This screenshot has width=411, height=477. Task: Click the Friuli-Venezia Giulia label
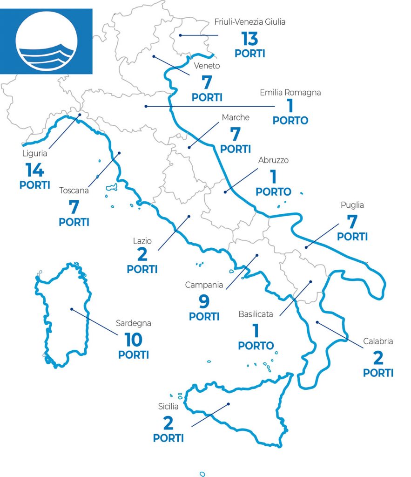(x=249, y=22)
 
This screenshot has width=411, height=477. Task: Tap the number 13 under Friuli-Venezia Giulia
(x=249, y=39)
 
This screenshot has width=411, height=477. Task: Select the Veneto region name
(x=207, y=66)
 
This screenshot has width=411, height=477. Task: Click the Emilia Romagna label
(x=290, y=93)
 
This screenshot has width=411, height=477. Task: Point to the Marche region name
(x=236, y=118)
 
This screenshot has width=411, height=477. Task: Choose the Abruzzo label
(x=273, y=160)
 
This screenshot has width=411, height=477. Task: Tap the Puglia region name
(x=352, y=205)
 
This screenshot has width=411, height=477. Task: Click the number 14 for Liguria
(x=35, y=170)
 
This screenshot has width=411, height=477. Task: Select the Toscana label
(x=74, y=190)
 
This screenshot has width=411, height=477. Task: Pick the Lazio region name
(x=142, y=240)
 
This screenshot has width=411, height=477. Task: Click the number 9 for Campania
(x=204, y=302)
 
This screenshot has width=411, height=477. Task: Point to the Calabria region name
(x=378, y=341)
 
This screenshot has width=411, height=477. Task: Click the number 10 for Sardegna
(x=134, y=340)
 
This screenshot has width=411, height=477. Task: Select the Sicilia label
(x=168, y=406)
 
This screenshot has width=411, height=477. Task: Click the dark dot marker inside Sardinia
(x=71, y=309)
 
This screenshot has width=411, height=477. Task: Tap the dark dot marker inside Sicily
(x=229, y=404)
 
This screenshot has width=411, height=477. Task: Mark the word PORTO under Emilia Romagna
(x=290, y=121)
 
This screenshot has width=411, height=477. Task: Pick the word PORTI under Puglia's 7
(x=352, y=237)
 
